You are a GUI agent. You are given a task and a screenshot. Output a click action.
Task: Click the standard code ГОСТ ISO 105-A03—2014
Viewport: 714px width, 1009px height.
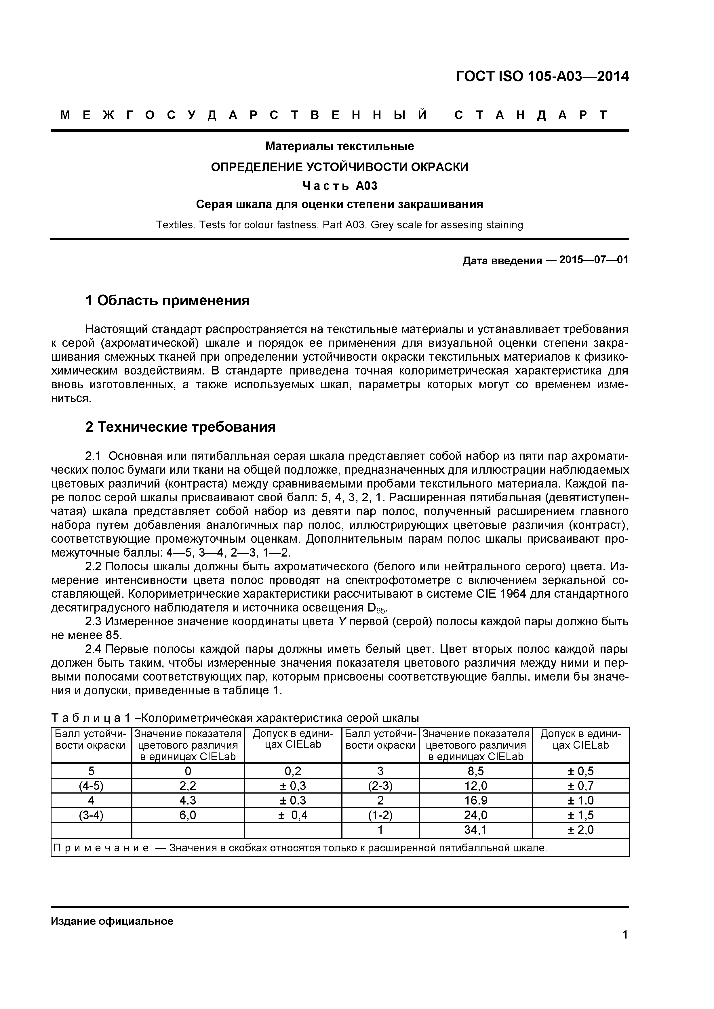542,77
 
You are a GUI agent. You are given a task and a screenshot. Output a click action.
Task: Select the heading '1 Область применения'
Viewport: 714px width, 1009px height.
167,301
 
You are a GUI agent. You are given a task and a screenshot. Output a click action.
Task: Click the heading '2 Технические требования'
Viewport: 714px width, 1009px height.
180,427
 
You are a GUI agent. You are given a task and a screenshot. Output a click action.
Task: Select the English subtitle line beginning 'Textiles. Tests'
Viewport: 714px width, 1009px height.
339,225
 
